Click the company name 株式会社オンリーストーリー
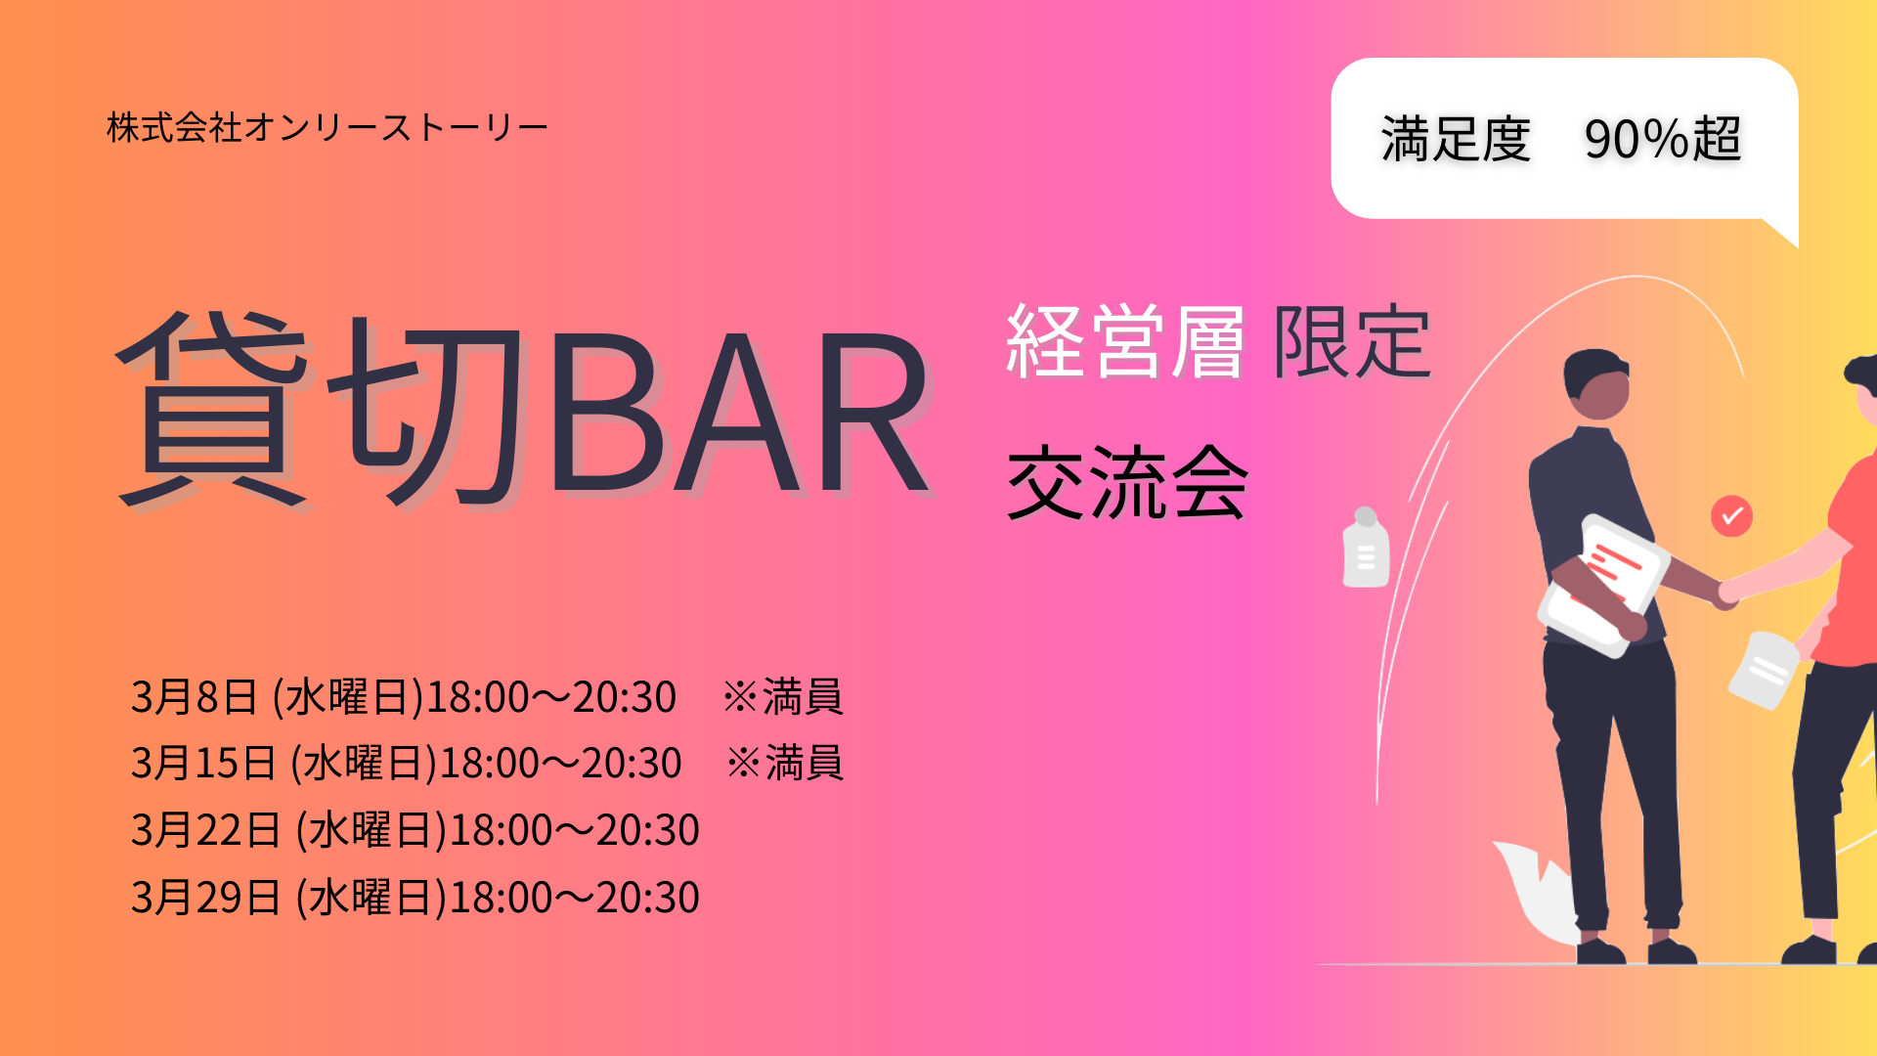(327, 128)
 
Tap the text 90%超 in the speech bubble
(1663, 139)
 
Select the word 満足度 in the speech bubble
(1456, 139)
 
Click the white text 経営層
(1125, 341)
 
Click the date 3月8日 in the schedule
(195, 697)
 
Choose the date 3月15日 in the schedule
(204, 764)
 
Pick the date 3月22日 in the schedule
(206, 830)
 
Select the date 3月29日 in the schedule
(206, 897)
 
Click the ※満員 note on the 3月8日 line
(783, 697)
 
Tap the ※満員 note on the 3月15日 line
(785, 764)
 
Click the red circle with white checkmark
(1731, 516)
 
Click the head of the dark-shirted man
(1597, 384)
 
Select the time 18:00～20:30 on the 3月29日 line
(574, 897)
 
